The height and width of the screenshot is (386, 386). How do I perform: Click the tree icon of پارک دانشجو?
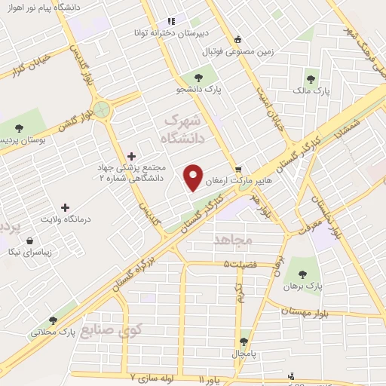tap(198, 76)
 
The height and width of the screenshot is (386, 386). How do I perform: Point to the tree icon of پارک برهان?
tap(302, 274)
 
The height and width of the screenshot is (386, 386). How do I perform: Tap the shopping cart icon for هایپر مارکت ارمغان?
tap(238, 169)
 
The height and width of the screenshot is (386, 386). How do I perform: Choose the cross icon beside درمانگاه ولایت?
tap(65, 207)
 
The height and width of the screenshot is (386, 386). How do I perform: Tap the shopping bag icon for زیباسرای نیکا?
tap(29, 241)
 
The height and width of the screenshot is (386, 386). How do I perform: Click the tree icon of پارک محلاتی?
tap(52, 320)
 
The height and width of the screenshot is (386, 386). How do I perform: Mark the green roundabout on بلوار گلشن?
tap(103, 112)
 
